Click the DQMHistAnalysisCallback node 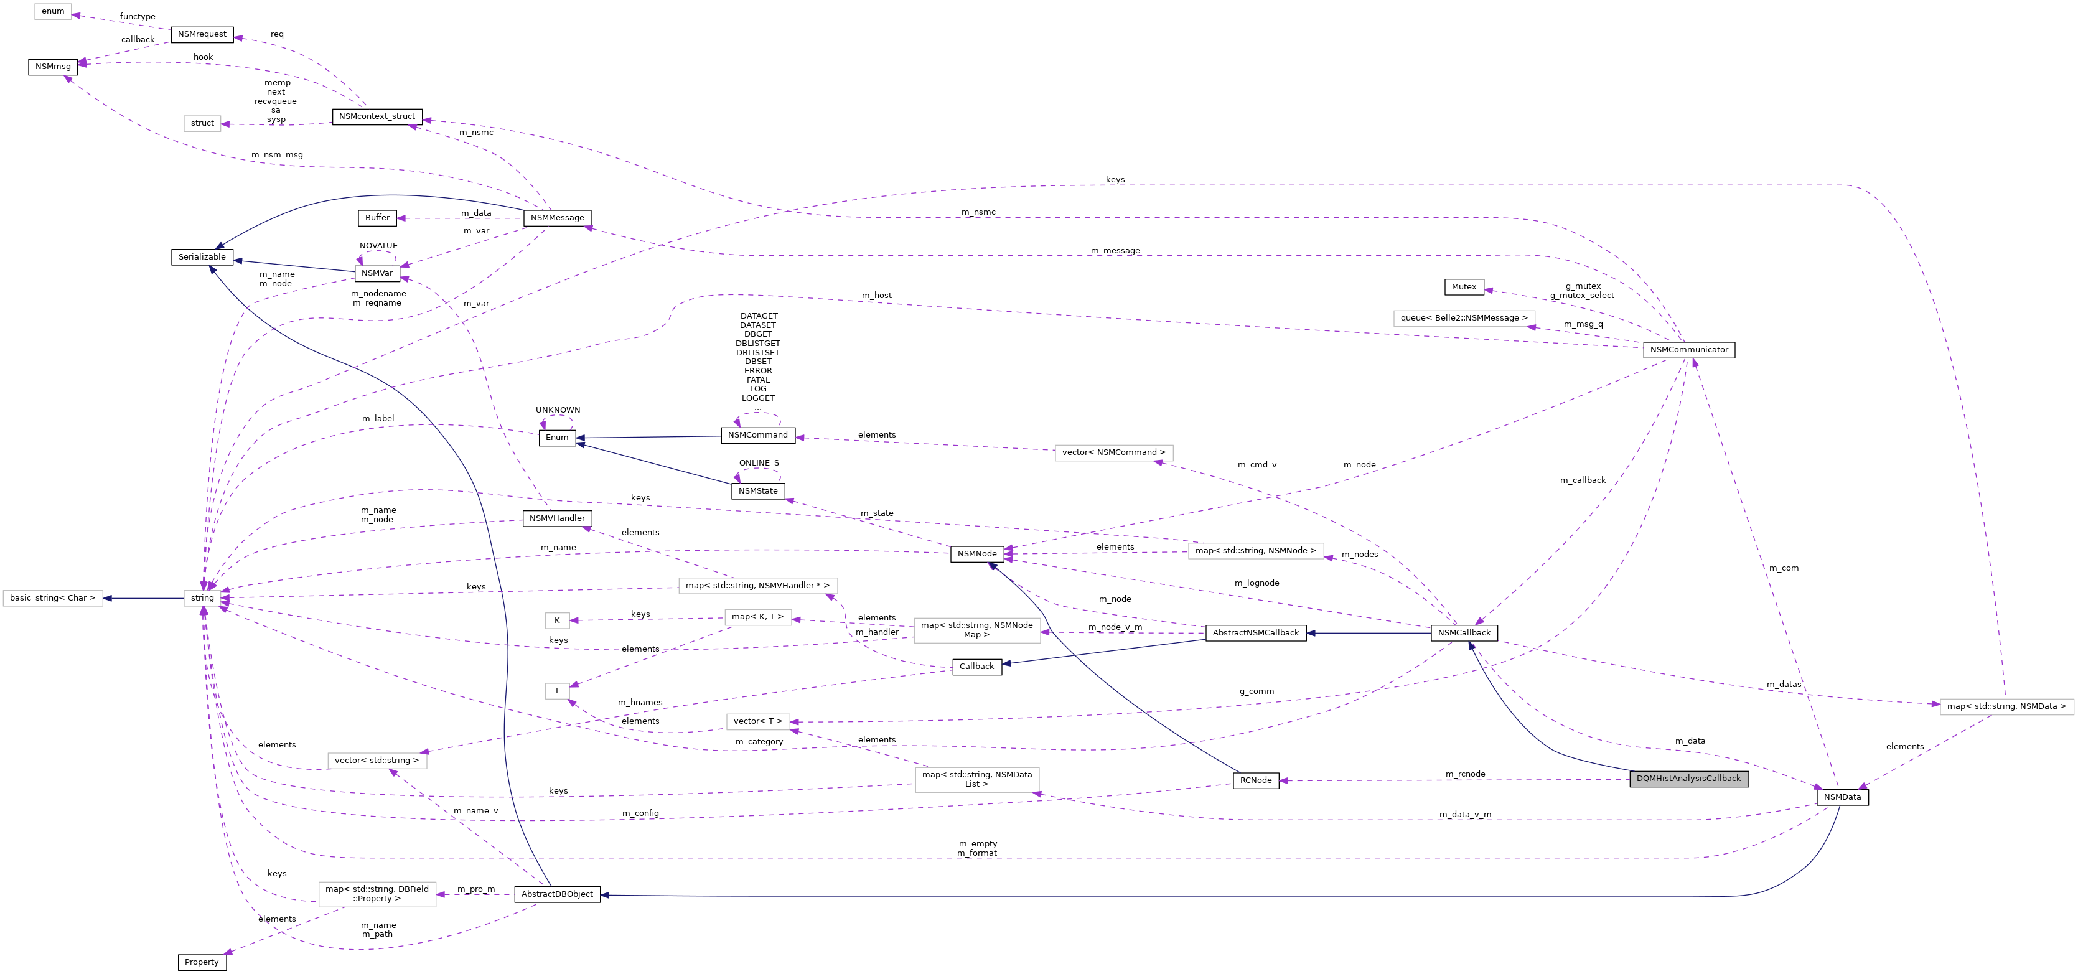click(x=1688, y=779)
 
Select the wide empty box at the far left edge click(x=52, y=598)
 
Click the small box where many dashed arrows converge click(x=202, y=598)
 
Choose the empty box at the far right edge click(x=2006, y=707)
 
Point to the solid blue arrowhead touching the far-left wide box click(x=107, y=598)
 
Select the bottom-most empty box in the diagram click(x=378, y=894)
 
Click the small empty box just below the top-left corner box click(x=202, y=123)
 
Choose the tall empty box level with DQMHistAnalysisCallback click(x=977, y=780)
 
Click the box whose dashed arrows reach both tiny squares click(x=757, y=617)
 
